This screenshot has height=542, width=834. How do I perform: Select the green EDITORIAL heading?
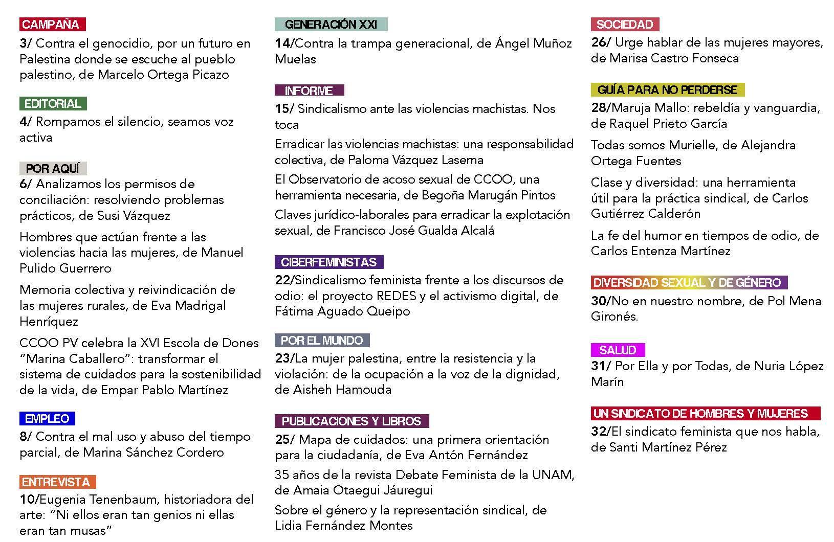[53, 103]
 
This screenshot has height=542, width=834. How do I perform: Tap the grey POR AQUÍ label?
[53, 168]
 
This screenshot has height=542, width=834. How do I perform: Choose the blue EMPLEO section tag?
[47, 418]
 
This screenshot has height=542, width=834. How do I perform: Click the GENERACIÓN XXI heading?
[331, 24]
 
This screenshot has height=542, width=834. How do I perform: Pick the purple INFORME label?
[309, 91]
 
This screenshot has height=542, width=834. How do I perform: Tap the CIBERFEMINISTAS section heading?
[328, 262]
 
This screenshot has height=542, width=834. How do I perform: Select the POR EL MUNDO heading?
[321, 341]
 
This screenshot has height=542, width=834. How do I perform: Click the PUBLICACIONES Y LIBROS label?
[351, 421]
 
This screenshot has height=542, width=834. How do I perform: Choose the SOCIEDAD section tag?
[625, 24]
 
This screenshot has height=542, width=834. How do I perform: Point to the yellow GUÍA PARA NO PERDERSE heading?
[667, 90]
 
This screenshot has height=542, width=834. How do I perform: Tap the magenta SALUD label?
[618, 350]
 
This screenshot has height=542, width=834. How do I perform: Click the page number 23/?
[284, 358]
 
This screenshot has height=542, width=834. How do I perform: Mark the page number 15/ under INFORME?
[284, 109]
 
